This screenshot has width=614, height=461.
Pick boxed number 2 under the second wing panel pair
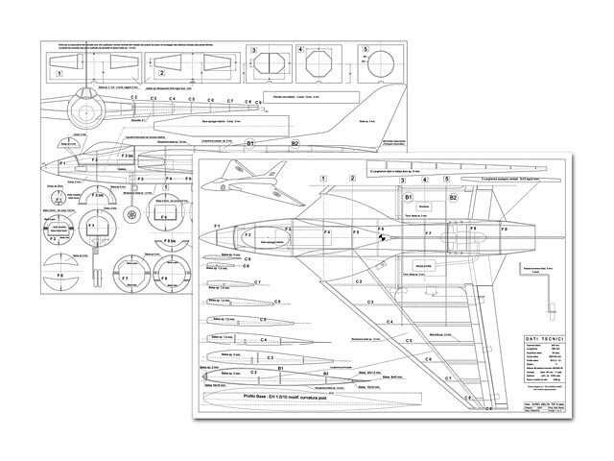(161, 72)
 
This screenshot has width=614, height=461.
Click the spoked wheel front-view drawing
(131, 214)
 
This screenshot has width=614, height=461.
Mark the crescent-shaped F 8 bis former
(175, 244)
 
